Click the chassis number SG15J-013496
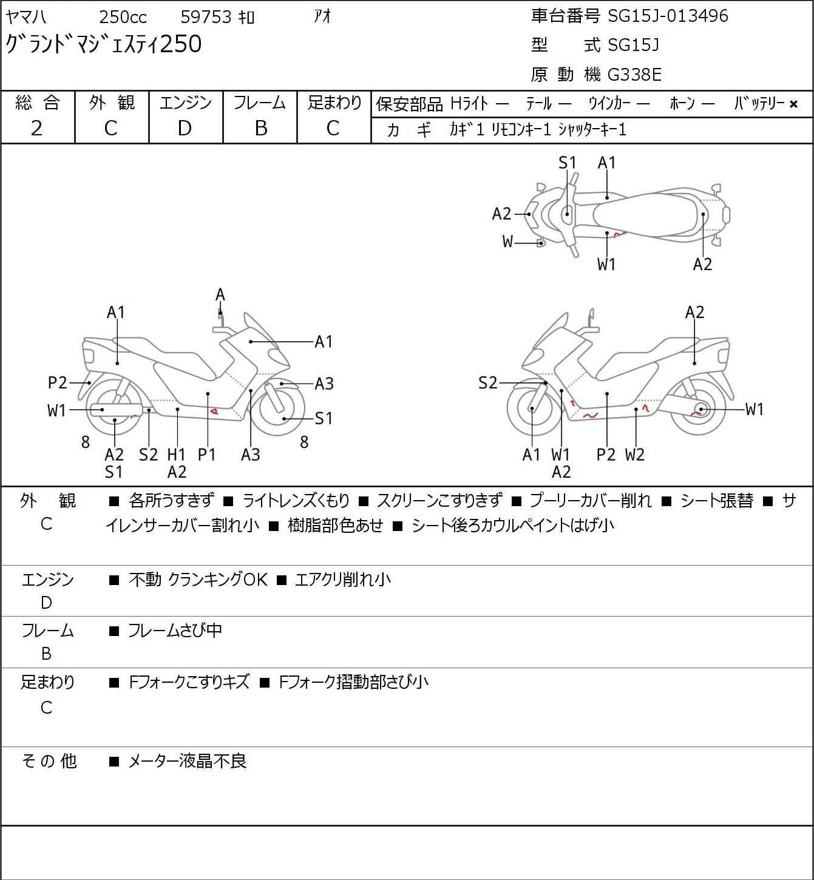(x=668, y=16)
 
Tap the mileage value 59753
(x=206, y=17)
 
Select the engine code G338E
(x=634, y=75)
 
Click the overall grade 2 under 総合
(x=37, y=129)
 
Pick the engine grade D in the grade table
(x=185, y=129)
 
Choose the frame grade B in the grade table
(x=260, y=129)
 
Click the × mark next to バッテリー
(x=793, y=104)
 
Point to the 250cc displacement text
(x=123, y=17)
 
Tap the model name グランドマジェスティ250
(x=104, y=44)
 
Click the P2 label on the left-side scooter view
(x=57, y=382)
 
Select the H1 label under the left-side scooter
(x=176, y=454)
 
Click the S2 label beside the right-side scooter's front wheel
(x=487, y=382)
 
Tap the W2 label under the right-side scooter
(x=634, y=454)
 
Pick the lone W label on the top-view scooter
(x=507, y=242)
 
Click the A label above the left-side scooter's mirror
(x=220, y=295)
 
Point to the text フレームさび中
(x=175, y=631)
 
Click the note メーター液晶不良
(x=187, y=761)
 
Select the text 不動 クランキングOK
(x=198, y=579)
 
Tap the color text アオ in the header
(x=322, y=16)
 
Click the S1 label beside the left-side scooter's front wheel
(x=324, y=418)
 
